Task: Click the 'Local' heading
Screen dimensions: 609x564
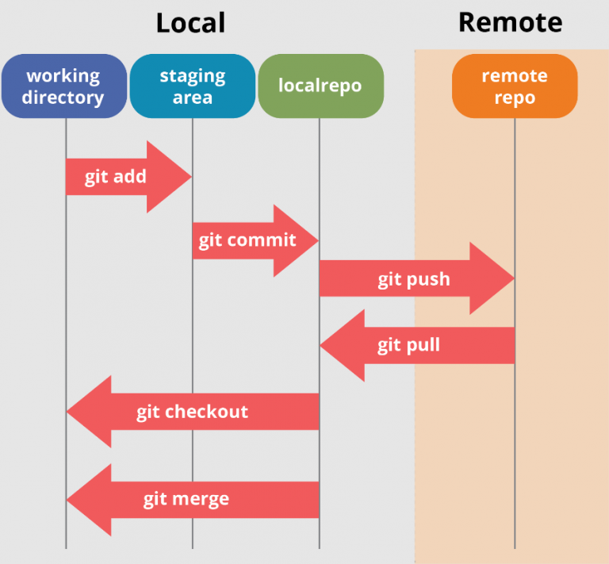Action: [x=190, y=23]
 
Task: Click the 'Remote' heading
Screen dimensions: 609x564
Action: [x=511, y=22]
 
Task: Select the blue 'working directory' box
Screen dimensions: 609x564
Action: [x=64, y=86]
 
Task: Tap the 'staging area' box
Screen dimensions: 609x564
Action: [x=193, y=86]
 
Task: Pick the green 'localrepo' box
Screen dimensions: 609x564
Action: [x=321, y=86]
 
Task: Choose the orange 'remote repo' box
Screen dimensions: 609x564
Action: [x=515, y=86]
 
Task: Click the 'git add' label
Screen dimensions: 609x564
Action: [x=115, y=178]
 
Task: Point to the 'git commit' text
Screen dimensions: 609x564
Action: [x=247, y=241]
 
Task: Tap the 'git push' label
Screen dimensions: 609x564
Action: [x=414, y=280]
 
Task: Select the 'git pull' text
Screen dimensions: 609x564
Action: [x=408, y=345]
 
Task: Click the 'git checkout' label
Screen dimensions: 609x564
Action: [x=192, y=412]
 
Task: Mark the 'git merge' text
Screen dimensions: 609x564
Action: [x=186, y=500]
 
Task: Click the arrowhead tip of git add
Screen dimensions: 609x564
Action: [x=191, y=177]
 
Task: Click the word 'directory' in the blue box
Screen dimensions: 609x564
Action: [x=63, y=98]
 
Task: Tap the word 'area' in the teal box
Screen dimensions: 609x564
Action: [x=193, y=98]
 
